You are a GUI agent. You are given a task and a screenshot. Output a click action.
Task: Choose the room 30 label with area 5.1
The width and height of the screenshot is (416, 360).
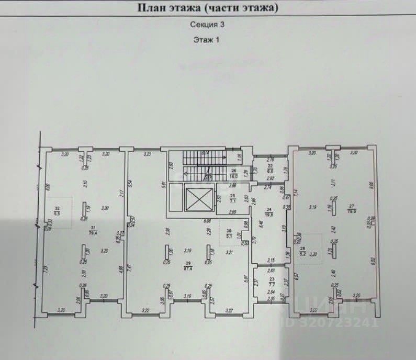pos(228,233)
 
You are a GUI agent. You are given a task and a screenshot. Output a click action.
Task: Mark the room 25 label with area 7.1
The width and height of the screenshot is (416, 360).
pos(233,197)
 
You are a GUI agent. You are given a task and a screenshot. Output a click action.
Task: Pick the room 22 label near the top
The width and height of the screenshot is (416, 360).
pos(271,168)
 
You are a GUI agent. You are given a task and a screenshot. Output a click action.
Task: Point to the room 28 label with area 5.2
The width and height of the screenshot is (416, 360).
pos(302,251)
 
